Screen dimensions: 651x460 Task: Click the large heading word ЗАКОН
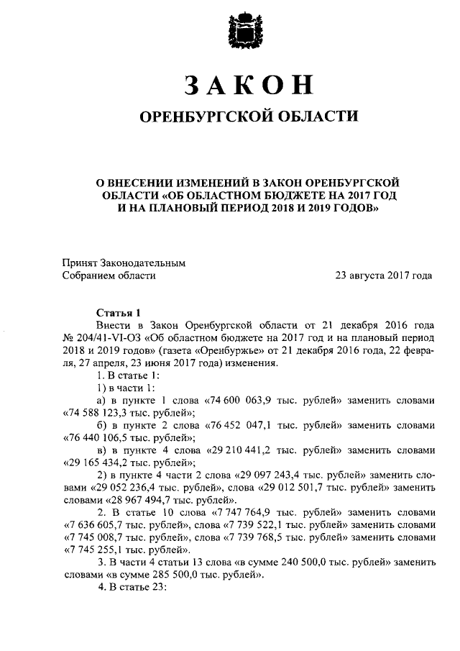coord(249,85)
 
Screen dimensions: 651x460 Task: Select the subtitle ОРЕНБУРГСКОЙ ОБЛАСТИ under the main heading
coord(248,117)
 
